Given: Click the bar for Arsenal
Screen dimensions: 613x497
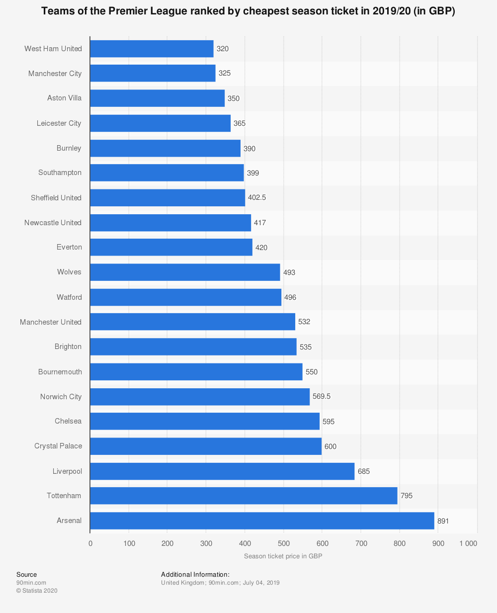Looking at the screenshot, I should [262, 521].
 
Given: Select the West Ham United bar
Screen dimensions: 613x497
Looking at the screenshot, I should [152, 49].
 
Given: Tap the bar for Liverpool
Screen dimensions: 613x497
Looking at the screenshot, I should [222, 471].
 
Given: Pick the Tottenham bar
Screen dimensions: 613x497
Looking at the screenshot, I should [244, 496].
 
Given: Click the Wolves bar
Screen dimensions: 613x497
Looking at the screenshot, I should [185, 272].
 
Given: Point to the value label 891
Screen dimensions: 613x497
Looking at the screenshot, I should [443, 521].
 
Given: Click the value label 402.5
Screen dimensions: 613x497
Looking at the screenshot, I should [257, 197].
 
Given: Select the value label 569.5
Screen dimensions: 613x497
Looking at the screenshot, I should [322, 397].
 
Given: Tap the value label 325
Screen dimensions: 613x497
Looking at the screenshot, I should [225, 74].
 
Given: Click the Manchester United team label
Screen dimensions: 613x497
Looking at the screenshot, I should [51, 322].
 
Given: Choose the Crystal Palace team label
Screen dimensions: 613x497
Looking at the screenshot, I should [58, 446].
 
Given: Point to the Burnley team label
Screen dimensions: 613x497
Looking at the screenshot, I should [69, 148].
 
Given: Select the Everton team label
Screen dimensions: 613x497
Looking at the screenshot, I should [70, 247].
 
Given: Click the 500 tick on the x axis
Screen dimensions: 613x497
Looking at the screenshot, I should [283, 543].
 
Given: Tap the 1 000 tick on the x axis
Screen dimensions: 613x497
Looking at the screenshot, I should [468, 543].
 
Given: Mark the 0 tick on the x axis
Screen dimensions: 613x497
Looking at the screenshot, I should [90, 543].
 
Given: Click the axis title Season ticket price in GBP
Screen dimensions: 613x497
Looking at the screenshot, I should [283, 556].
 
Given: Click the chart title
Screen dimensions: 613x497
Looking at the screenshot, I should [248, 11].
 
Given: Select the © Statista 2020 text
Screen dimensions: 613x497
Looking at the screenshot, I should [37, 591].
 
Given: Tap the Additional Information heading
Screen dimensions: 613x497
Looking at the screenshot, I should [195, 575].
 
